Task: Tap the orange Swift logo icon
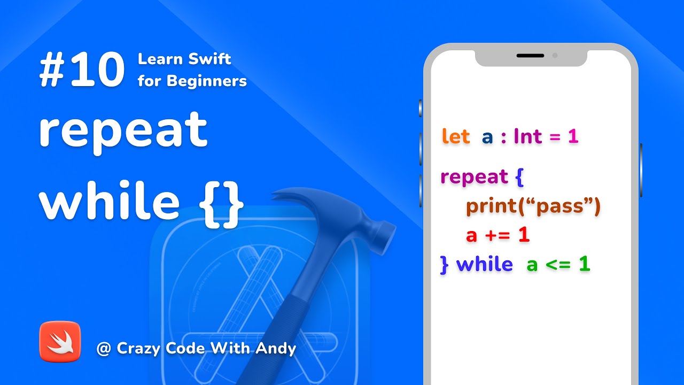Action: click(60, 342)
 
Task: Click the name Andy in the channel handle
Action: click(276, 349)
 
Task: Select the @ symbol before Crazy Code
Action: click(103, 349)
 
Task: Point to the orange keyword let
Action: click(455, 136)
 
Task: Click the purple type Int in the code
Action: click(528, 136)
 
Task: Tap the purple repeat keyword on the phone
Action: click(474, 177)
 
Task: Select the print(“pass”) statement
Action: click(533, 206)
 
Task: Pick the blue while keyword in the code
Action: click(485, 264)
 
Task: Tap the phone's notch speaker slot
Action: click(530, 56)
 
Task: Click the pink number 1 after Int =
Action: click(573, 136)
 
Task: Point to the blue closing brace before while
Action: click(444, 265)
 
